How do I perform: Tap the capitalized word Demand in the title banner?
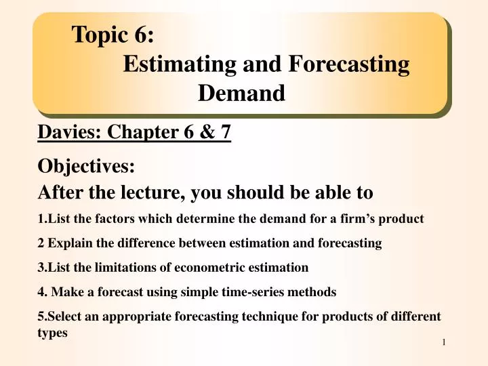pyautogui.click(x=241, y=93)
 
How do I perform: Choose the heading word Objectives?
pyautogui.click(x=86, y=166)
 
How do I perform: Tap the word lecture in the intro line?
pyautogui.click(x=151, y=192)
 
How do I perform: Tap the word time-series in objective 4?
pyautogui.click(x=235, y=292)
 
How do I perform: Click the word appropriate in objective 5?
pyautogui.click(x=128, y=317)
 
